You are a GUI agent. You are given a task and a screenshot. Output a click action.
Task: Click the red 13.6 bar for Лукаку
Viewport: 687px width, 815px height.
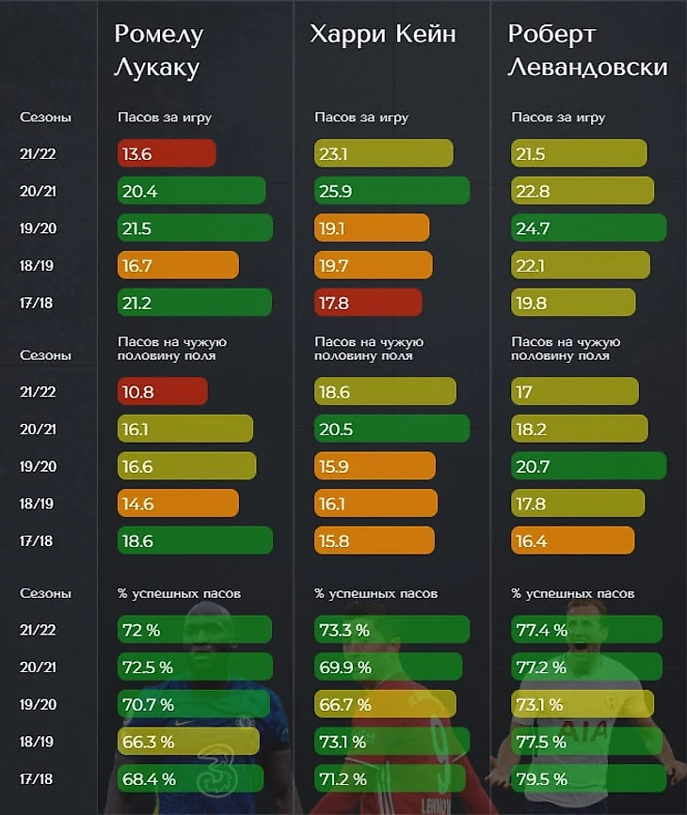tap(167, 153)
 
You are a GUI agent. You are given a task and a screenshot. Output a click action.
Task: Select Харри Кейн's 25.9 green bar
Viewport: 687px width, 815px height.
tap(391, 191)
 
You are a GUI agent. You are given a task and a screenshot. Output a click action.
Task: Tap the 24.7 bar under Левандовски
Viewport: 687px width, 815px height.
tap(588, 228)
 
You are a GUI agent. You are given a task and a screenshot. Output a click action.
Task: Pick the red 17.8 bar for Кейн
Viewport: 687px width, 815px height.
tap(368, 303)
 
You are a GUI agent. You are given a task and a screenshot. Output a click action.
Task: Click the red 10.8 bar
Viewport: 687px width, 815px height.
tap(163, 391)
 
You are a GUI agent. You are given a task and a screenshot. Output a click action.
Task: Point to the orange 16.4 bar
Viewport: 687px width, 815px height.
tap(572, 541)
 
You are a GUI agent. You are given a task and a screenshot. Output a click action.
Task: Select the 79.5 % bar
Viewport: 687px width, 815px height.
tap(586, 778)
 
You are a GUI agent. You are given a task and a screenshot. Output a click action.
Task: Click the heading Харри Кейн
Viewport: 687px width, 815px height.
tap(383, 35)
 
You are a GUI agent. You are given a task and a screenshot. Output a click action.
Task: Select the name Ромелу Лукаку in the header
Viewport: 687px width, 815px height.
tap(159, 51)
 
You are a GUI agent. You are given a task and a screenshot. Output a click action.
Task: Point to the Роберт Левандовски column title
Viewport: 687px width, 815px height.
tap(587, 51)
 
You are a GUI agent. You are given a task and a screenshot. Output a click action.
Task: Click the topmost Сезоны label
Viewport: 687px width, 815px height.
tap(45, 118)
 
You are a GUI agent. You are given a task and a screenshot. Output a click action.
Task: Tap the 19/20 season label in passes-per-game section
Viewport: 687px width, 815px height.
tap(37, 228)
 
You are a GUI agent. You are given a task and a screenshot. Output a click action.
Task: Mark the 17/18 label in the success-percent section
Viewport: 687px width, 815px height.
tap(37, 778)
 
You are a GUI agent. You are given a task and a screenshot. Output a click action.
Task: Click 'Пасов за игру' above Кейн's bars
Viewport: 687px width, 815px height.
tap(361, 118)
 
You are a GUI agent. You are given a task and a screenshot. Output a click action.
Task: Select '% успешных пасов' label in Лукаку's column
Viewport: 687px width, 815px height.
tap(179, 594)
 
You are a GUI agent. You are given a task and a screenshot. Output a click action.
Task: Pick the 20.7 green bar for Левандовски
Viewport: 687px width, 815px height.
tap(588, 465)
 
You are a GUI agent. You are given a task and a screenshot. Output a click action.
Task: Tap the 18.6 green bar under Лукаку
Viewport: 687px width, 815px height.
tap(195, 541)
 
